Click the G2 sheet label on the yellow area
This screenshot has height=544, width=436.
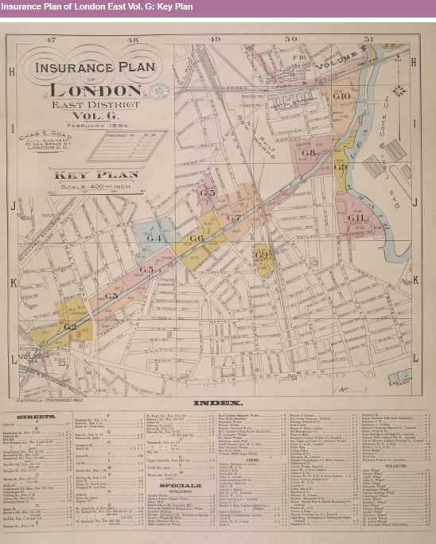click(x=70, y=325)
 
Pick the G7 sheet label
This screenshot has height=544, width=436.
click(x=233, y=218)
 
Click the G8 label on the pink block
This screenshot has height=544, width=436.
click(x=309, y=152)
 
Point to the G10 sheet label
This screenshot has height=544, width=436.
click(x=341, y=96)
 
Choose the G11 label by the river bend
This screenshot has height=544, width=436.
click(x=356, y=217)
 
